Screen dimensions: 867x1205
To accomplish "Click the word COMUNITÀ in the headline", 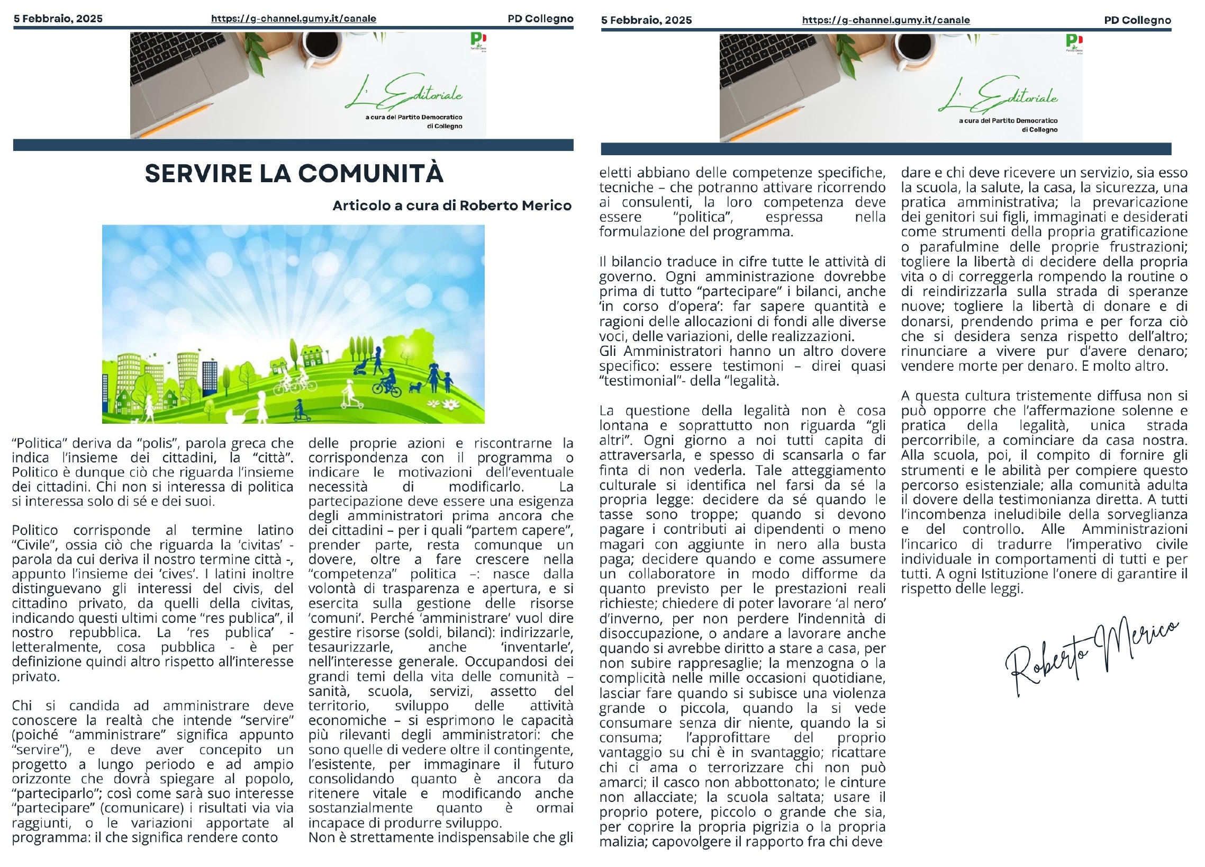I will pyautogui.click(x=370, y=174).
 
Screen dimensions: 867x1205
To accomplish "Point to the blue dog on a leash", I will pyautogui.click(x=414, y=387).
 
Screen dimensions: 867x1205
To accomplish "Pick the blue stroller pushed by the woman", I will pyautogui.click(x=362, y=367).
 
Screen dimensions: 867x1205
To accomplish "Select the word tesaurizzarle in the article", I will pyautogui.click(x=350, y=647).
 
